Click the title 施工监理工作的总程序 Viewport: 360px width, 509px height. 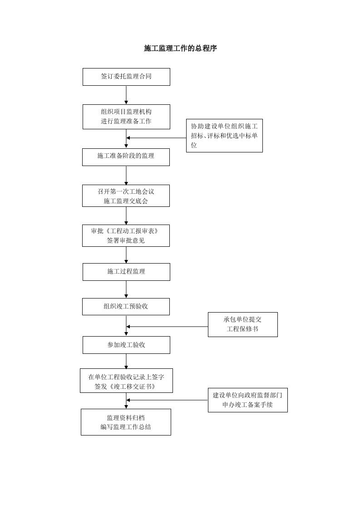click(180, 48)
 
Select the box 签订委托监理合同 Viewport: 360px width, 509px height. click(126, 77)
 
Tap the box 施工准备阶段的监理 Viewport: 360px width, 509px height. click(126, 157)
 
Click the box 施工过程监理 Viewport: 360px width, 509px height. click(126, 272)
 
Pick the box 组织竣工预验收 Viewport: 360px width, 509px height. click(126, 306)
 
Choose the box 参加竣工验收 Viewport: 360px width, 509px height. click(126, 345)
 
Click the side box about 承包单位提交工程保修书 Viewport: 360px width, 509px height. click(242, 324)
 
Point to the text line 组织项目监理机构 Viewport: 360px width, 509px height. click(126, 112)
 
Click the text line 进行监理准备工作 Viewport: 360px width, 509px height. click(126, 122)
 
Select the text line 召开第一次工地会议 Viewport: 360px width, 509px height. click(126, 191)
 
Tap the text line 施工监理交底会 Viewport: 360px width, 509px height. click(126, 201)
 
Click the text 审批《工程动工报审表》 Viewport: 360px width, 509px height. click(126, 231)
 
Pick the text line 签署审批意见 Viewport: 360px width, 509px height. click(126, 240)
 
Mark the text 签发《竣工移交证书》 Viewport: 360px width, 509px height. click(126, 387)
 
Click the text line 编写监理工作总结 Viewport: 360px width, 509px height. click(126, 427)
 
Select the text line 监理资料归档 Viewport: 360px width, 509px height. click(126, 417)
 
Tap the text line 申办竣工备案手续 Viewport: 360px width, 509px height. click(247, 405)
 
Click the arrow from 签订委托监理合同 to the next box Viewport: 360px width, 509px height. click(126, 95)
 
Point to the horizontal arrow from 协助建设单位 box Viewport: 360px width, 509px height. click(156, 137)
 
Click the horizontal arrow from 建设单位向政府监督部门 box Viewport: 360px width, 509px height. click(167, 400)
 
